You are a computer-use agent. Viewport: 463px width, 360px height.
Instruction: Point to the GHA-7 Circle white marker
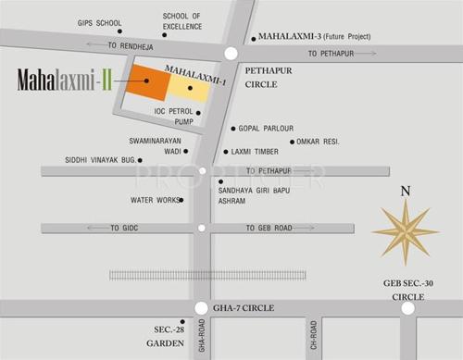(x=201, y=309)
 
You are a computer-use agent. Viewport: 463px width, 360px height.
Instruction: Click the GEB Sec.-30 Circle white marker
(x=407, y=309)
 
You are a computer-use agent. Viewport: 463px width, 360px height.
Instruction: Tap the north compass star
(x=405, y=230)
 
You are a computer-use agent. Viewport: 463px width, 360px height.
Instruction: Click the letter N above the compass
(x=405, y=192)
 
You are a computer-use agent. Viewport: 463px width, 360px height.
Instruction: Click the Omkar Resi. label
(x=319, y=142)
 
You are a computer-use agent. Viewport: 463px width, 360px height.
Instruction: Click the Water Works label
(x=153, y=199)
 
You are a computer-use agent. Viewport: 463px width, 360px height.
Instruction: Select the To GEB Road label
(x=269, y=228)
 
